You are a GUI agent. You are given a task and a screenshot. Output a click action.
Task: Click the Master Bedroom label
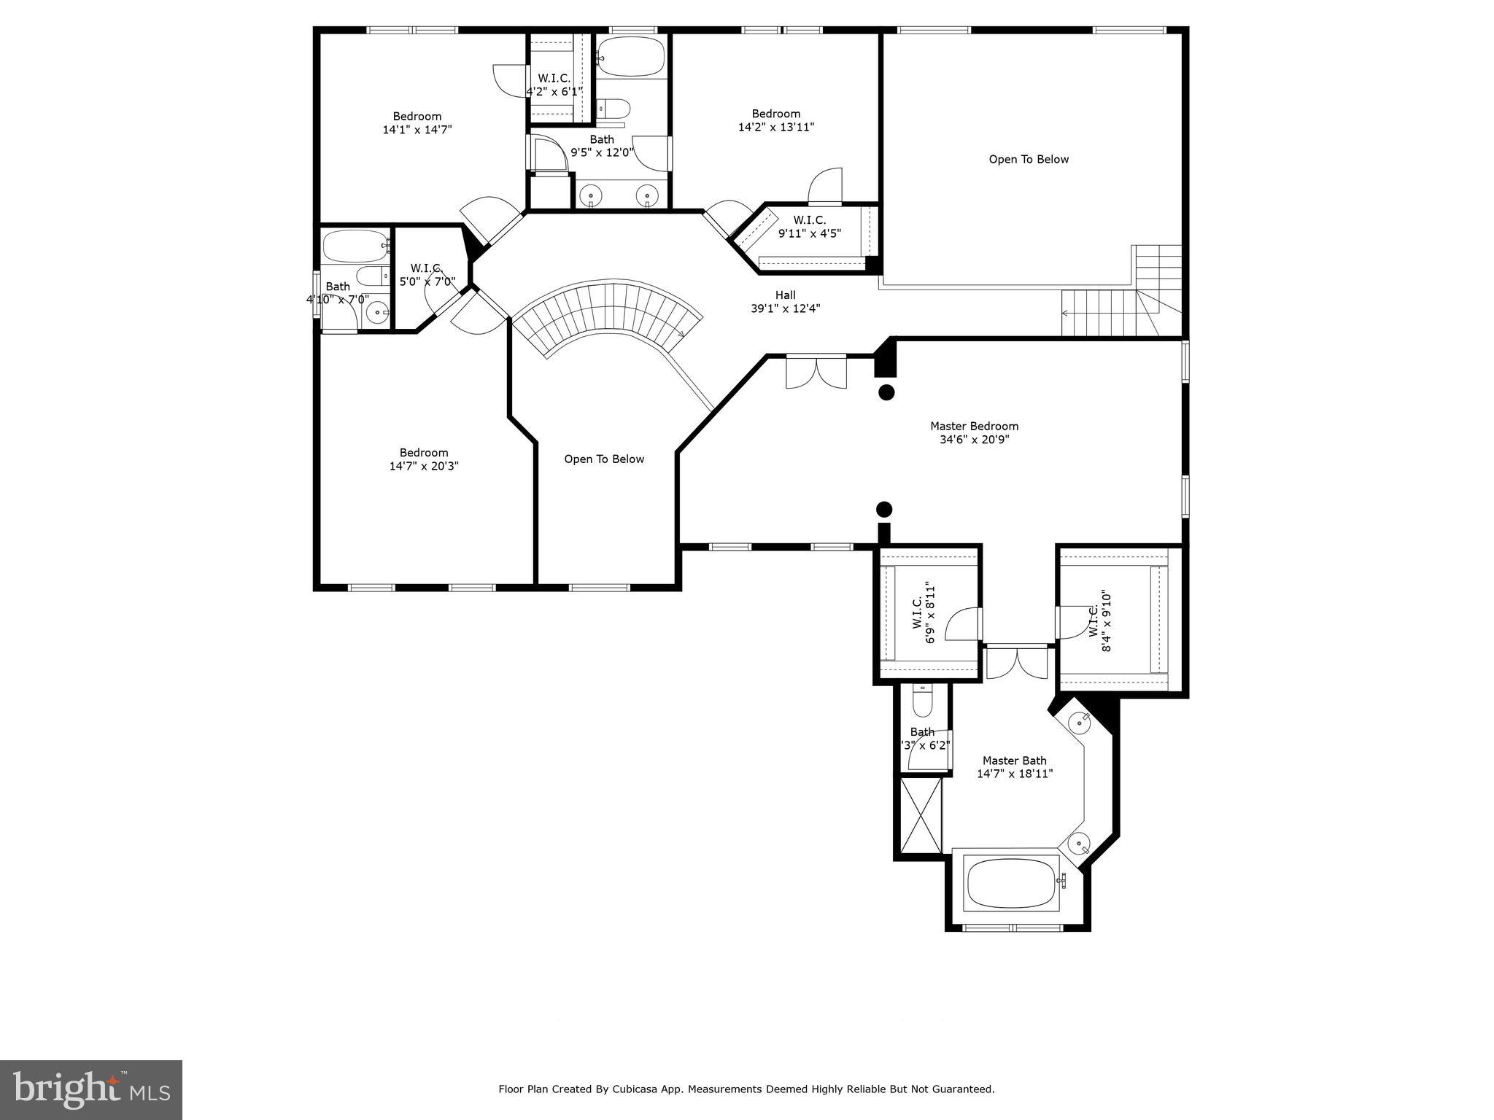click(x=974, y=426)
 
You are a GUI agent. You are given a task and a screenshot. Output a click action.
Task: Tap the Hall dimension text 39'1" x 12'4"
click(x=785, y=308)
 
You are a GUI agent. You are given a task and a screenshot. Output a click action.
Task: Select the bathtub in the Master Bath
click(x=1011, y=883)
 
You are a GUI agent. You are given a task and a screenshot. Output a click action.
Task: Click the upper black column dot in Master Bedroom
click(x=886, y=392)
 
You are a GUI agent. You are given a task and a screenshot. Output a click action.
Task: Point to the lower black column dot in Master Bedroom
click(x=884, y=509)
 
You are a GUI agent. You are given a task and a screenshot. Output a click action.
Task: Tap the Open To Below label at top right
click(x=1029, y=159)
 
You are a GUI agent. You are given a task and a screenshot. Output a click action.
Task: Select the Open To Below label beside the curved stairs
click(x=604, y=459)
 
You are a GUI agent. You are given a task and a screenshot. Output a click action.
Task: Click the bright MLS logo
click(x=91, y=1089)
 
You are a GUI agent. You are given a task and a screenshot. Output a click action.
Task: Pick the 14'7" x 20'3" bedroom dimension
click(x=423, y=466)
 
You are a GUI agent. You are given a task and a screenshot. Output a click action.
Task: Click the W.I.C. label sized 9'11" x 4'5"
click(x=810, y=220)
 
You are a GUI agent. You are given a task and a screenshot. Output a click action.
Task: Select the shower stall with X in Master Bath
click(x=921, y=814)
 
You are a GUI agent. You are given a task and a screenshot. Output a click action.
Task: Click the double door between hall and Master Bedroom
click(x=816, y=372)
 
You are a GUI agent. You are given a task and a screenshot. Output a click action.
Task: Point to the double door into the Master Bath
click(x=1016, y=662)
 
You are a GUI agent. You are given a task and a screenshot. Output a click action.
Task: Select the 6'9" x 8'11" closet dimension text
click(x=929, y=612)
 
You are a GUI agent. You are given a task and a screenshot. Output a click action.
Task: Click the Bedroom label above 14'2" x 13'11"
click(x=776, y=113)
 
